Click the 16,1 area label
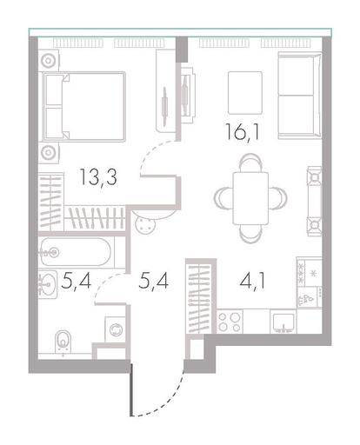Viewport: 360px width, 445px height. pyautogui.click(x=243, y=132)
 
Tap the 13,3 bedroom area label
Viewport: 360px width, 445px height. pyautogui.click(x=98, y=177)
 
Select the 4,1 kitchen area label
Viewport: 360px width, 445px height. pyautogui.click(x=252, y=281)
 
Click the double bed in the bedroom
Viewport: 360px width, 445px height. pyautogui.click(x=84, y=107)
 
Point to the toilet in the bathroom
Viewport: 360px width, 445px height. pyautogui.click(x=63, y=342)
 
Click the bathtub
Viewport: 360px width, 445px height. pyautogui.click(x=76, y=252)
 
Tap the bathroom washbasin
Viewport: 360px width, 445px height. pyautogui.click(x=48, y=284)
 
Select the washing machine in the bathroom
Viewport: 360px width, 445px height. pyautogui.click(x=116, y=329)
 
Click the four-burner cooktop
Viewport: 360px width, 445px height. pyautogui.click(x=230, y=322)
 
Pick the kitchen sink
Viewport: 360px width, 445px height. pyautogui.click(x=283, y=322)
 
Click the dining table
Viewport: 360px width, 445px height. pyautogui.click(x=250, y=198)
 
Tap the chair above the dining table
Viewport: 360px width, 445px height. pyautogui.click(x=251, y=163)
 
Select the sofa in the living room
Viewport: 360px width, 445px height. pyautogui.click(x=300, y=96)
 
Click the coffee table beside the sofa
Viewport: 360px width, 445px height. pyautogui.click(x=245, y=93)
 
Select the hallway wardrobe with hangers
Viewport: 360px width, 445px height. pyautogui.click(x=200, y=298)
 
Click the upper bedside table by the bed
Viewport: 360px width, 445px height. pyautogui.click(x=49, y=61)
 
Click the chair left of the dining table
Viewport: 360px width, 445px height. pyautogui.click(x=223, y=198)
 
